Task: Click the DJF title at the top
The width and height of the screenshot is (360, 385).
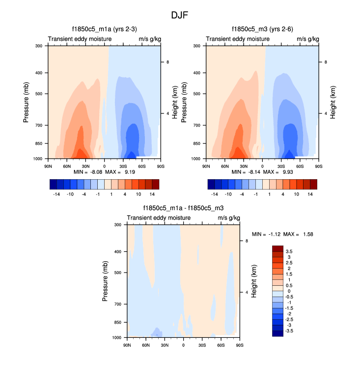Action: [x=180, y=15]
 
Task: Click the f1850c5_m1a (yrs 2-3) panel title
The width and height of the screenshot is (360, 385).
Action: [x=104, y=29]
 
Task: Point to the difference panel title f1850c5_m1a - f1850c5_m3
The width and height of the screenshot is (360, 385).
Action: [x=183, y=208]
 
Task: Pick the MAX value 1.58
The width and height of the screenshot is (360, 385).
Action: [x=306, y=234]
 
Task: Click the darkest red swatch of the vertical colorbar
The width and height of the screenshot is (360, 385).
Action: [x=278, y=248]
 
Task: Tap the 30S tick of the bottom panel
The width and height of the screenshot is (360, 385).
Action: [x=202, y=345]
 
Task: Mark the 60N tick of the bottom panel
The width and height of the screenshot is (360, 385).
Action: [x=146, y=345]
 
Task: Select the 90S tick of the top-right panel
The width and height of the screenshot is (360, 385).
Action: [x=318, y=166]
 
